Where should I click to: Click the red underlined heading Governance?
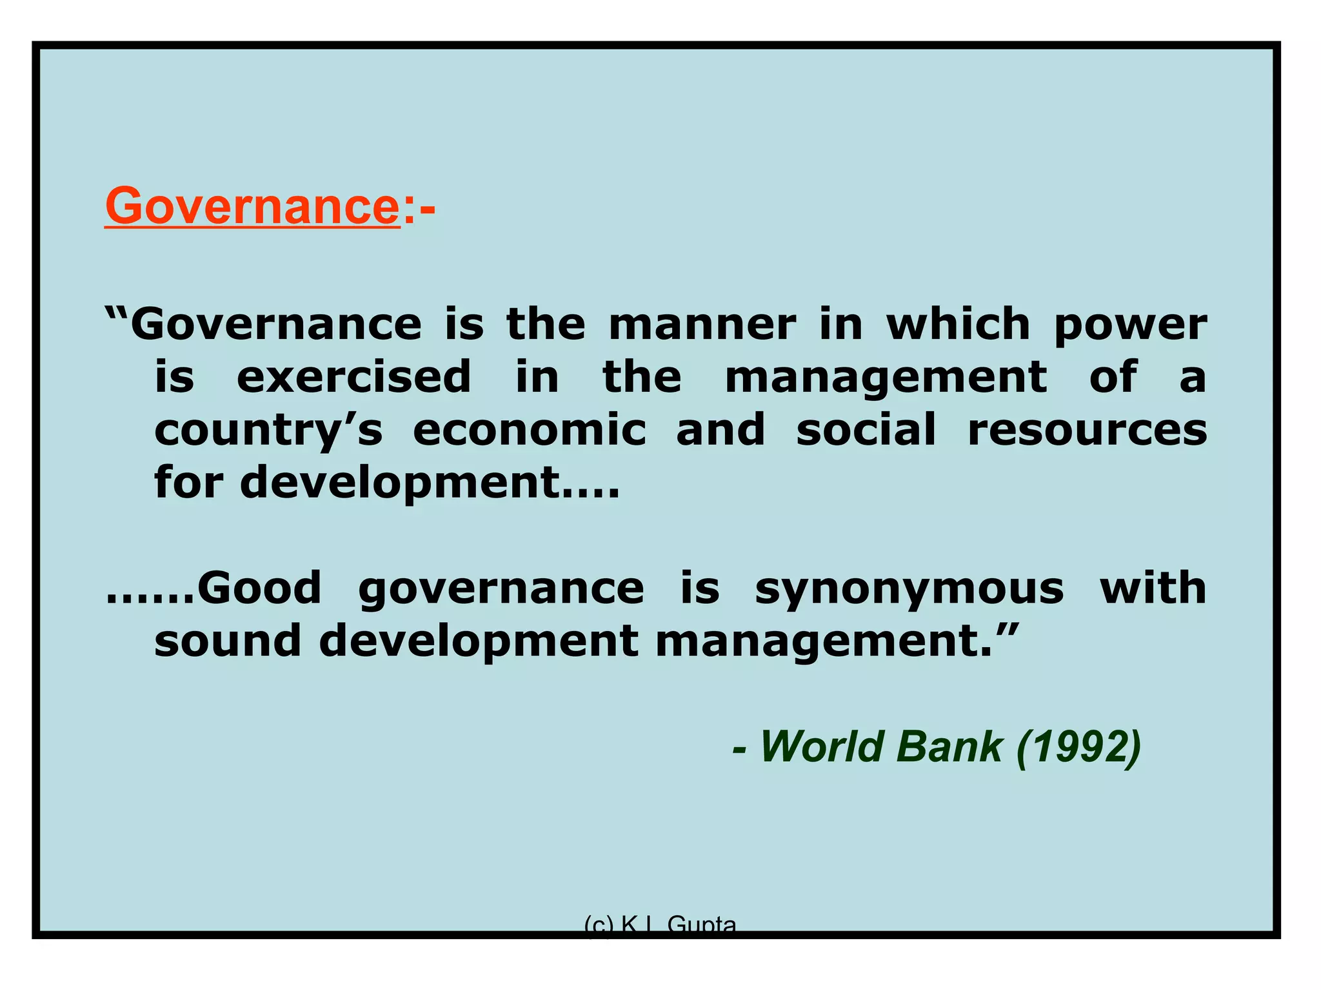tap(252, 206)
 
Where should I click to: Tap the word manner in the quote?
tap(702, 324)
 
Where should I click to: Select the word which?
tap(958, 324)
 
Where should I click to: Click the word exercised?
tap(354, 377)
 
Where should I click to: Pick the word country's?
tap(268, 431)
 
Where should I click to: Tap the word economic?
tap(530, 430)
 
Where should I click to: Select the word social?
tap(866, 430)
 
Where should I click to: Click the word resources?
tap(1087, 431)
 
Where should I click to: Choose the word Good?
tap(259, 588)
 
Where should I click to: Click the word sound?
tap(228, 641)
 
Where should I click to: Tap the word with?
tap(1153, 588)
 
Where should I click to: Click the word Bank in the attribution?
tap(949, 747)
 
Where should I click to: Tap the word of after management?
tap(1113, 377)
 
